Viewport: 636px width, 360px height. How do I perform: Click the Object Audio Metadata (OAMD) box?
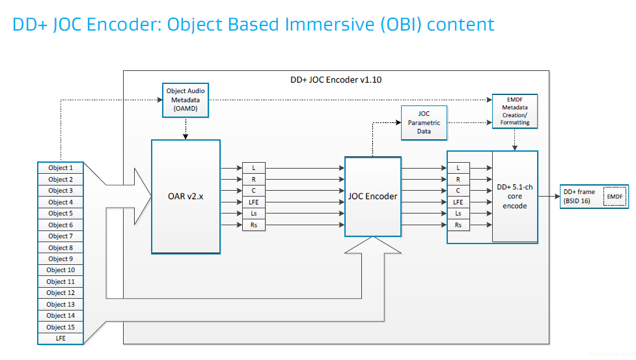pos(186,100)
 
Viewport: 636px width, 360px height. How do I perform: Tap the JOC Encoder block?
pos(372,196)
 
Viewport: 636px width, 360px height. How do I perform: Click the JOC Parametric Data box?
pos(424,122)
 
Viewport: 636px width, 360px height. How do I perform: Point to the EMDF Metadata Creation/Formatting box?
pos(514,110)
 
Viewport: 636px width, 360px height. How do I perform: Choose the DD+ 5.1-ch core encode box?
pos(514,196)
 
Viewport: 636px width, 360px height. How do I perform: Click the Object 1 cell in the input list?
pos(61,168)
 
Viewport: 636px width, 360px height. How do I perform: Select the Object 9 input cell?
pos(61,259)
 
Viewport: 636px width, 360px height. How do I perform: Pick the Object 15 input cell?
pos(61,327)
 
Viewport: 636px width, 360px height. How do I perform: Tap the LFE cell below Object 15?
pos(61,339)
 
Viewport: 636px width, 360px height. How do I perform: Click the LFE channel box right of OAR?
pos(254,202)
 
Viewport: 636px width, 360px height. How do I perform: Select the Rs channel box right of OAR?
pos(254,225)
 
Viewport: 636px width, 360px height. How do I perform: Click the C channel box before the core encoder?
pos(458,191)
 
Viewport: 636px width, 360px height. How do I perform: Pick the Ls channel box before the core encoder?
pos(458,214)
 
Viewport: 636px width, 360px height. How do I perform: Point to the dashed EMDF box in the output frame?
pos(615,196)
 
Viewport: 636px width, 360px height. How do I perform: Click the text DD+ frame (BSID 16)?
pos(579,196)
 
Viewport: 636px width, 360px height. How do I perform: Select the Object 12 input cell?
pos(61,293)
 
